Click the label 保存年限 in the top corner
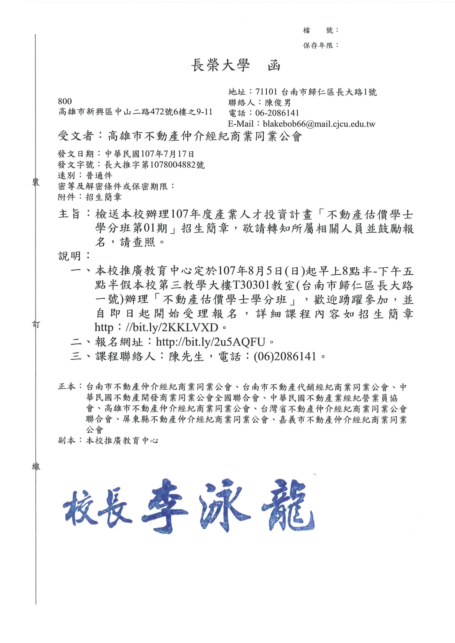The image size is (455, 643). [x=318, y=45]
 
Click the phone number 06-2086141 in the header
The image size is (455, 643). [x=277, y=113]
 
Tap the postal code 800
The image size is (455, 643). [x=65, y=101]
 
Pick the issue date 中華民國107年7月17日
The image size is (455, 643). [x=150, y=154]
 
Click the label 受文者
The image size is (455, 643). [x=76, y=136]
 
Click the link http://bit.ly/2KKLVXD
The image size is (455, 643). [x=156, y=327]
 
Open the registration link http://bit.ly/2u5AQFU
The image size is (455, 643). [x=210, y=342]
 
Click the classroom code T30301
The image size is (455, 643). [x=251, y=285]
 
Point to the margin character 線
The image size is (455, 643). [x=36, y=466]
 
